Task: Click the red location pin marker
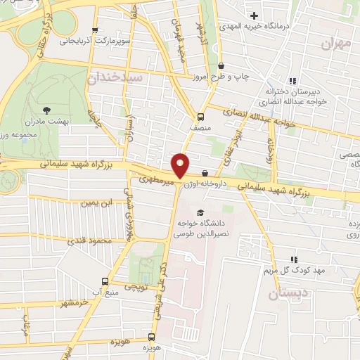click(x=181, y=165)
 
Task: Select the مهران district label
click(x=335, y=44)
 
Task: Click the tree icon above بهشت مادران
click(x=46, y=110)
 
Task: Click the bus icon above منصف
click(x=200, y=117)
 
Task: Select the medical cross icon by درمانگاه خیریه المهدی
click(x=255, y=15)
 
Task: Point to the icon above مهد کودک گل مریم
click(x=293, y=259)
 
